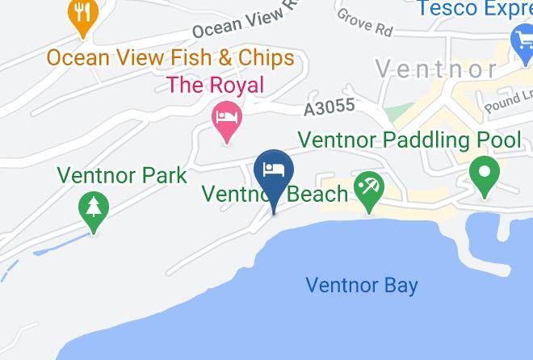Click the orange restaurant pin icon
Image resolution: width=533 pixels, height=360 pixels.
[x=82, y=15]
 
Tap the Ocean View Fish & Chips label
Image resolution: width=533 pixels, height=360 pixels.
[x=170, y=58]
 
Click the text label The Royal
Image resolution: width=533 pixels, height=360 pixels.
[x=215, y=84]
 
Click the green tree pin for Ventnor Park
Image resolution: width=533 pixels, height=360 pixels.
[x=94, y=208]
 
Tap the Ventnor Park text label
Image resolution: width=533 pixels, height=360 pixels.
[x=122, y=175]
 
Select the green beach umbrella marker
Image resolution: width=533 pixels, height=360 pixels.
[x=370, y=189]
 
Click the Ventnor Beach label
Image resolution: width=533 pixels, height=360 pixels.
[x=275, y=194]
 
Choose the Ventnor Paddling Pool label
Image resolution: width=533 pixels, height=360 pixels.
[x=409, y=140]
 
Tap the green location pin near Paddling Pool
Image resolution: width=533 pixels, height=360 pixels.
[x=484, y=174]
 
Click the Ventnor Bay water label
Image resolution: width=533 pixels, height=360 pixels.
[x=362, y=285]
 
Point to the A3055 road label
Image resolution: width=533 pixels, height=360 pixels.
[x=329, y=107]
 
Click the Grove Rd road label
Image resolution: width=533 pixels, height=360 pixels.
[x=365, y=23]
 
